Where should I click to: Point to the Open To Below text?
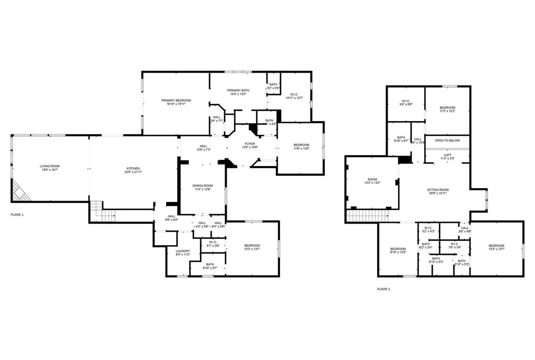coord(447,141)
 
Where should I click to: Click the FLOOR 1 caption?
coord(17,215)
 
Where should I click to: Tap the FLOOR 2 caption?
coord(383,289)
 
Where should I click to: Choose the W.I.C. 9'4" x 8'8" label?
coord(406,103)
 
